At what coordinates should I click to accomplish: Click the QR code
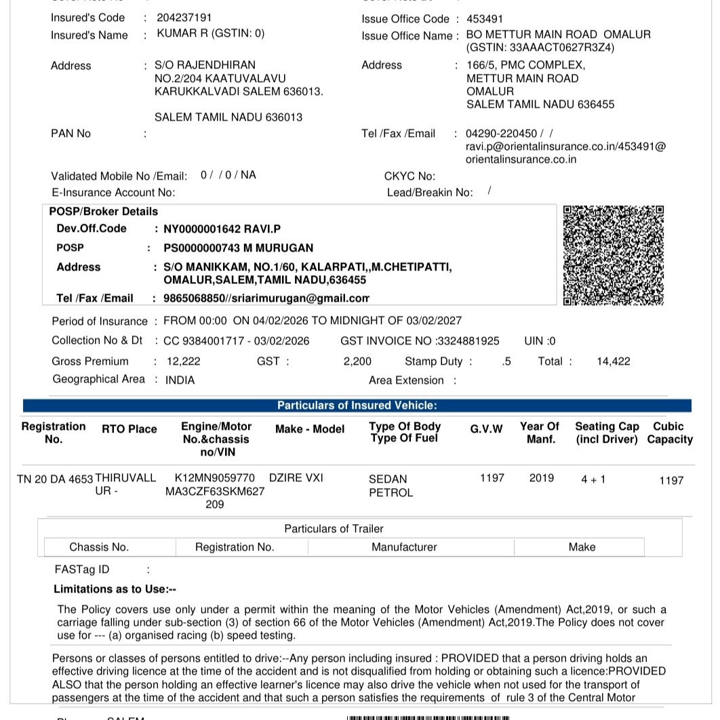(613, 256)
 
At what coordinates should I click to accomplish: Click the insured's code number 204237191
(184, 18)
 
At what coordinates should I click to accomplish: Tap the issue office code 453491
(485, 19)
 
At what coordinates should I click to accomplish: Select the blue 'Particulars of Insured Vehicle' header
(357, 405)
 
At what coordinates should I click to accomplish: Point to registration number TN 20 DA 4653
(55, 479)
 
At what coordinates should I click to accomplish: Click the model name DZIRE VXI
(296, 478)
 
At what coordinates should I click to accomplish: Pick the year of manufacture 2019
(541, 478)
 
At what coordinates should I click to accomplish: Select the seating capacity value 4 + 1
(593, 479)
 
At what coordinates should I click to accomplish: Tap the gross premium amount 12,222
(184, 361)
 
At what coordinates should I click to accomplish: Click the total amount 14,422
(613, 361)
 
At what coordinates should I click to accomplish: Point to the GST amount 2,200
(357, 361)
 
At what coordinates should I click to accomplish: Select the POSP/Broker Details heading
(104, 212)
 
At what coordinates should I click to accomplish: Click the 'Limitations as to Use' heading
(115, 589)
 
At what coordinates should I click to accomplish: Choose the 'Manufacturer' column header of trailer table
(404, 547)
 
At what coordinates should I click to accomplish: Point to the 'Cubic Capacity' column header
(669, 433)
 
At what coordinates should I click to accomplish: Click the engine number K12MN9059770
(215, 478)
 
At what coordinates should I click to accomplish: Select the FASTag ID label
(82, 569)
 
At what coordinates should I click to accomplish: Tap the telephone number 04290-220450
(501, 134)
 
